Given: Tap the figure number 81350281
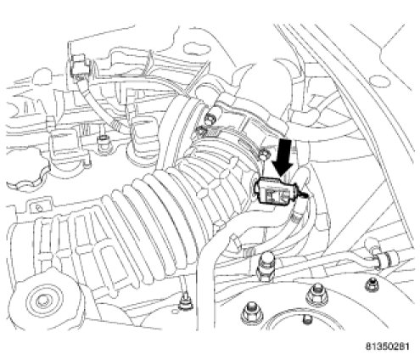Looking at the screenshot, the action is [x=388, y=346].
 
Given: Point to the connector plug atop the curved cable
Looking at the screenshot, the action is [x=80, y=67].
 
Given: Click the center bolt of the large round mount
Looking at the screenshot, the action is [x=43, y=301].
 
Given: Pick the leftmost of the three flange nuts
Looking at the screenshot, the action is [x=250, y=313].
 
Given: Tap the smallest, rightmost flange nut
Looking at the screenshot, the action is [x=372, y=284].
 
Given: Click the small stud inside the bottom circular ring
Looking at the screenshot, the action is [x=307, y=319].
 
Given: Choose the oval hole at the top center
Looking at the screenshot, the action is [x=197, y=48].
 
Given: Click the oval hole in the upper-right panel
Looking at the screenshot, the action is [x=379, y=81].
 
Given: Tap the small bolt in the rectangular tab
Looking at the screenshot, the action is [x=37, y=209].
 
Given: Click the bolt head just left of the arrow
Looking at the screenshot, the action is [x=264, y=155].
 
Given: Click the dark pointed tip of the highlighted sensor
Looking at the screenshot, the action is [x=305, y=195].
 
